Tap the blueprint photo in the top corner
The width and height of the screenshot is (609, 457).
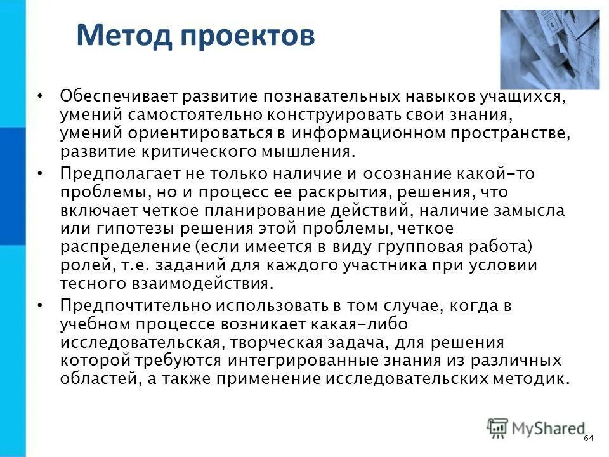tap(549, 50)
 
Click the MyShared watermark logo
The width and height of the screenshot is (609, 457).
tap(536, 428)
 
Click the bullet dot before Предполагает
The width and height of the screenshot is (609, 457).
tap(40, 174)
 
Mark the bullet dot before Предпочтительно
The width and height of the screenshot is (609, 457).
tap(40, 306)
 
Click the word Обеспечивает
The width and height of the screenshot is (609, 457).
tap(119, 96)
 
